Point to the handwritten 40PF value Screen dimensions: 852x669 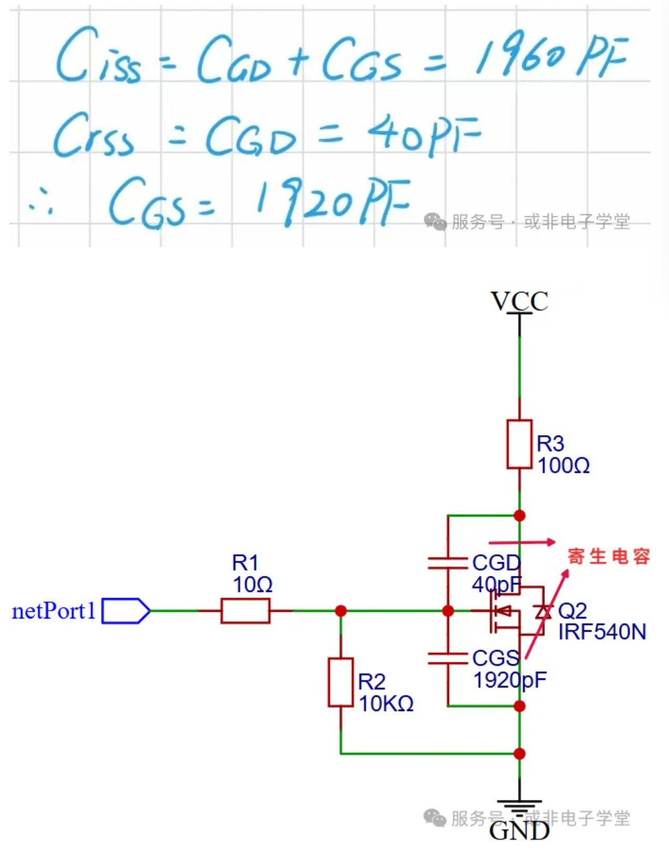click(x=423, y=134)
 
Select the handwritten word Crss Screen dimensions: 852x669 click(x=94, y=136)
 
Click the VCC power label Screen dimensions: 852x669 click(x=519, y=301)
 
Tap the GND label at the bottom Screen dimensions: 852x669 click(x=519, y=831)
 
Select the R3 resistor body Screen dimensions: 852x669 click(x=519, y=444)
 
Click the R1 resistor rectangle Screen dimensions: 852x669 click(x=245, y=611)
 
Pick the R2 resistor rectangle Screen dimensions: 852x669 click(x=341, y=682)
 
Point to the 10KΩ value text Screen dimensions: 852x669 click(x=386, y=704)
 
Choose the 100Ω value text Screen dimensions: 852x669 click(x=563, y=465)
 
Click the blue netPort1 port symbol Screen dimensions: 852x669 click(x=125, y=611)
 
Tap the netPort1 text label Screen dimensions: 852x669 click(x=54, y=611)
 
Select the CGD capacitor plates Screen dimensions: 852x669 click(x=448, y=563)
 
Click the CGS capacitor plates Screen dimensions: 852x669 click(x=448, y=658)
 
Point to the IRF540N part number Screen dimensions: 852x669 click(x=602, y=632)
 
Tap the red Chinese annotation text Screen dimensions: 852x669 click(x=609, y=556)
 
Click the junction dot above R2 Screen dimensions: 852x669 click(x=341, y=611)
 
